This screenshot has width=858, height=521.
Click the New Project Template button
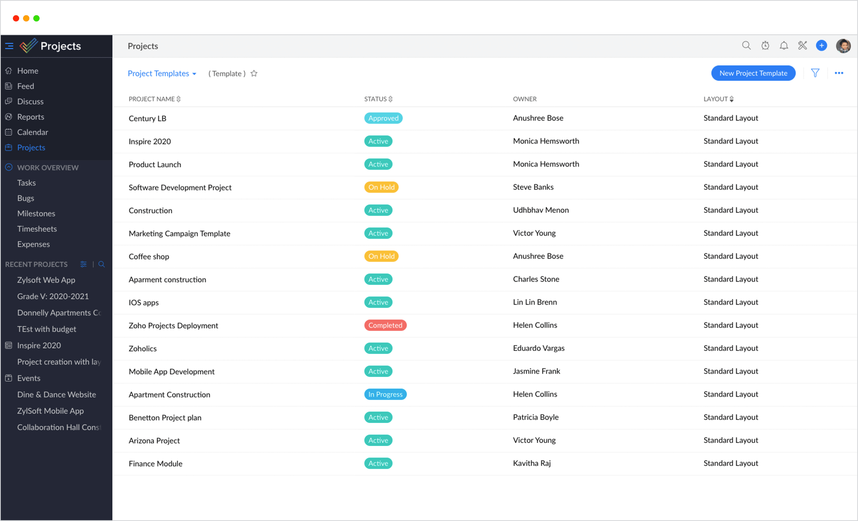(x=753, y=73)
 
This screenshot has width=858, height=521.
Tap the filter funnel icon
(x=815, y=73)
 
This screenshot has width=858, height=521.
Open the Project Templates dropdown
(x=162, y=73)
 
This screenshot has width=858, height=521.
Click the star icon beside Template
(x=254, y=73)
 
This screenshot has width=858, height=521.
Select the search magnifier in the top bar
(x=746, y=46)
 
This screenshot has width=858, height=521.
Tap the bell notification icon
(x=784, y=46)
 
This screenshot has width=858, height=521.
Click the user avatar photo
(x=843, y=46)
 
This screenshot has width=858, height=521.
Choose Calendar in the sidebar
(x=32, y=132)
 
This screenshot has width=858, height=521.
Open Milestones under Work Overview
(x=36, y=213)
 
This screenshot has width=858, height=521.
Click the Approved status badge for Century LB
(x=383, y=118)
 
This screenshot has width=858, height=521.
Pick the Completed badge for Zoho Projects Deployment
(x=385, y=325)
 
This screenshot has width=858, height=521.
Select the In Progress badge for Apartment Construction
(x=385, y=395)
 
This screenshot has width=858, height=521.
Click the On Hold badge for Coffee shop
(x=381, y=256)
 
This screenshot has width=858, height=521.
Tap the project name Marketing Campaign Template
(x=179, y=233)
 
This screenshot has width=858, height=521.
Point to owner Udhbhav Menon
(x=541, y=210)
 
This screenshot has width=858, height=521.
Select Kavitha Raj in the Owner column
(x=532, y=463)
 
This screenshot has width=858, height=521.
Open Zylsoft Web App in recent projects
(x=46, y=280)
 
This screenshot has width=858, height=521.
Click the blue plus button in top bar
(x=821, y=46)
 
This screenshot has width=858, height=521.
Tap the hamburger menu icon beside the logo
(x=9, y=46)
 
